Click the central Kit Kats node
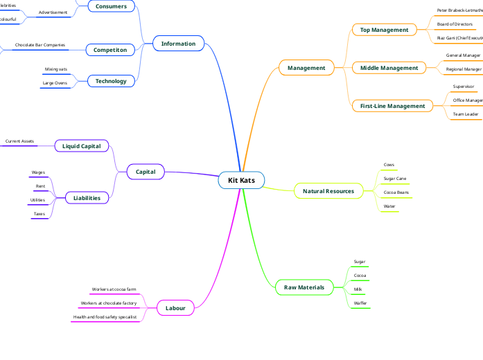point(241,180)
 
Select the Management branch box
point(306,68)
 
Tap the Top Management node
point(385,30)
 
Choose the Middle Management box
point(389,68)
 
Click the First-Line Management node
point(392,106)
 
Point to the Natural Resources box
point(328,191)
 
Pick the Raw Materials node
point(304,287)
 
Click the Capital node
point(146,172)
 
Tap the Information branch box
point(178,44)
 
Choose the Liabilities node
point(87,198)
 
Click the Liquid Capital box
point(81,146)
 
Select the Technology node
point(111,81)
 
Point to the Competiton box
point(110,50)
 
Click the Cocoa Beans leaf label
point(396,192)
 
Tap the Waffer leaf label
point(360,303)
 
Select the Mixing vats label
point(56,69)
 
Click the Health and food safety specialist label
point(105,317)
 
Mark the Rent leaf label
point(40,186)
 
